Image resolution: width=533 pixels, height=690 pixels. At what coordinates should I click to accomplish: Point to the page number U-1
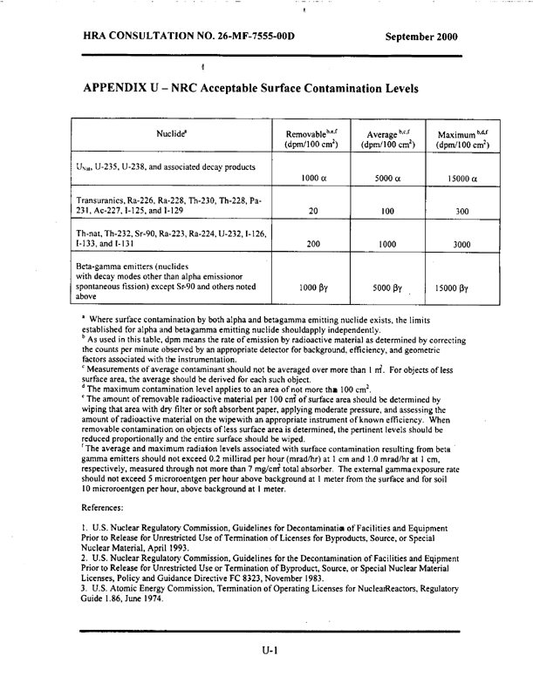pyautogui.click(x=266, y=662)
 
